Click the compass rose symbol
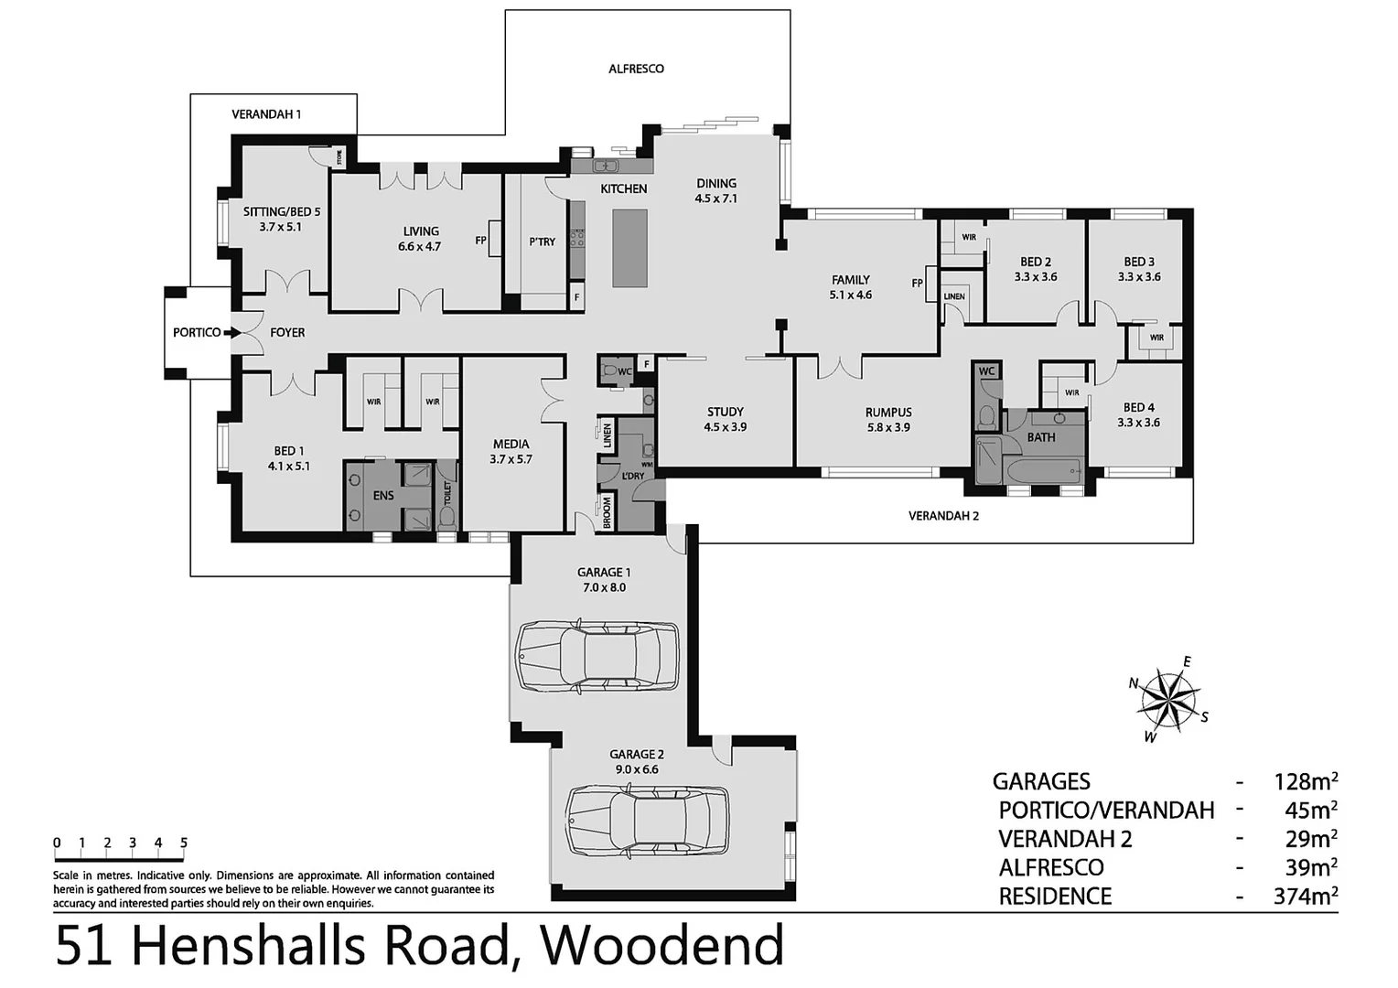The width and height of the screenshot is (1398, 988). point(1168,700)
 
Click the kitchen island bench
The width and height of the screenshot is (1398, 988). point(629,248)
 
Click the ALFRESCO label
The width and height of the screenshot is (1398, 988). point(636,69)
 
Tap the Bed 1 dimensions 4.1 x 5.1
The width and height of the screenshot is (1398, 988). point(288,466)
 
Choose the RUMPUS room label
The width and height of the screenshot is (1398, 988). point(888,413)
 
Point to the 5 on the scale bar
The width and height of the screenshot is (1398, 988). point(184,843)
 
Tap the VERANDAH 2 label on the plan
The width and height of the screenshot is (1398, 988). point(943,516)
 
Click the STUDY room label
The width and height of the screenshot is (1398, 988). point(725,412)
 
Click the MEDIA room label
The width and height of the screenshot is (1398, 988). point(511,444)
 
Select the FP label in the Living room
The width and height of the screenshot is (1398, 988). point(480,242)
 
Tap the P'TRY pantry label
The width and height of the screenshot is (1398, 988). point(542,242)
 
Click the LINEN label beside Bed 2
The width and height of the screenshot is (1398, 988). point(954,296)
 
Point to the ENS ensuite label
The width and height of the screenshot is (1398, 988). point(383,496)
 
